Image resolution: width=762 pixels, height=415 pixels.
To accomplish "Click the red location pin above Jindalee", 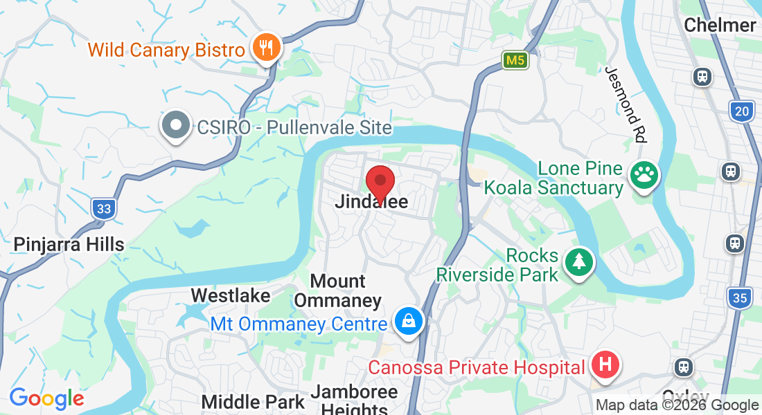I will tap(380, 183).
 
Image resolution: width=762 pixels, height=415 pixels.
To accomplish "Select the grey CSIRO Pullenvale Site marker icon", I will tap(176, 126).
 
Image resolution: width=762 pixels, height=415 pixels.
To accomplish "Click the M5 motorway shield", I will tap(515, 61).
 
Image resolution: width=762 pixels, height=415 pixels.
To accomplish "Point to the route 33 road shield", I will tap(103, 208).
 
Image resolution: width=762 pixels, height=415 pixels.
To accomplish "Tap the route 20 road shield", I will tap(742, 111).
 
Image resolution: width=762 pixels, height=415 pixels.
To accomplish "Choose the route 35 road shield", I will tap(741, 298).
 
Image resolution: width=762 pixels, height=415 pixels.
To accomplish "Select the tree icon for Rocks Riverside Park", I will tap(580, 262).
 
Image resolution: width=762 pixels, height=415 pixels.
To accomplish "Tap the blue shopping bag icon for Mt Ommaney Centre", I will tap(409, 321).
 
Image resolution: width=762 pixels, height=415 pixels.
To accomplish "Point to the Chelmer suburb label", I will tap(720, 26).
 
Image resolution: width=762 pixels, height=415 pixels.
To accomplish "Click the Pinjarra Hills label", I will tap(69, 244).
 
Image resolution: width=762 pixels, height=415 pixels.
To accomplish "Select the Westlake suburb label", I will tap(231, 295).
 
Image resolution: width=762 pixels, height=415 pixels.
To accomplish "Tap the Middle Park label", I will tap(253, 402).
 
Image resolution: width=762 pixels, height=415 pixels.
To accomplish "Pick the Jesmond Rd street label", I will tap(625, 104).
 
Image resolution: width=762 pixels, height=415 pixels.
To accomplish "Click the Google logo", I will tap(46, 398).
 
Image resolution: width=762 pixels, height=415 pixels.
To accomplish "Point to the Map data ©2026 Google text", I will tap(677, 405).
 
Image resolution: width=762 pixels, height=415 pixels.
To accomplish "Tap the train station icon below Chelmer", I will tap(702, 76).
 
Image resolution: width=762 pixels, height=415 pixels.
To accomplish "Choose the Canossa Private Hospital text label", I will tap(477, 367).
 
